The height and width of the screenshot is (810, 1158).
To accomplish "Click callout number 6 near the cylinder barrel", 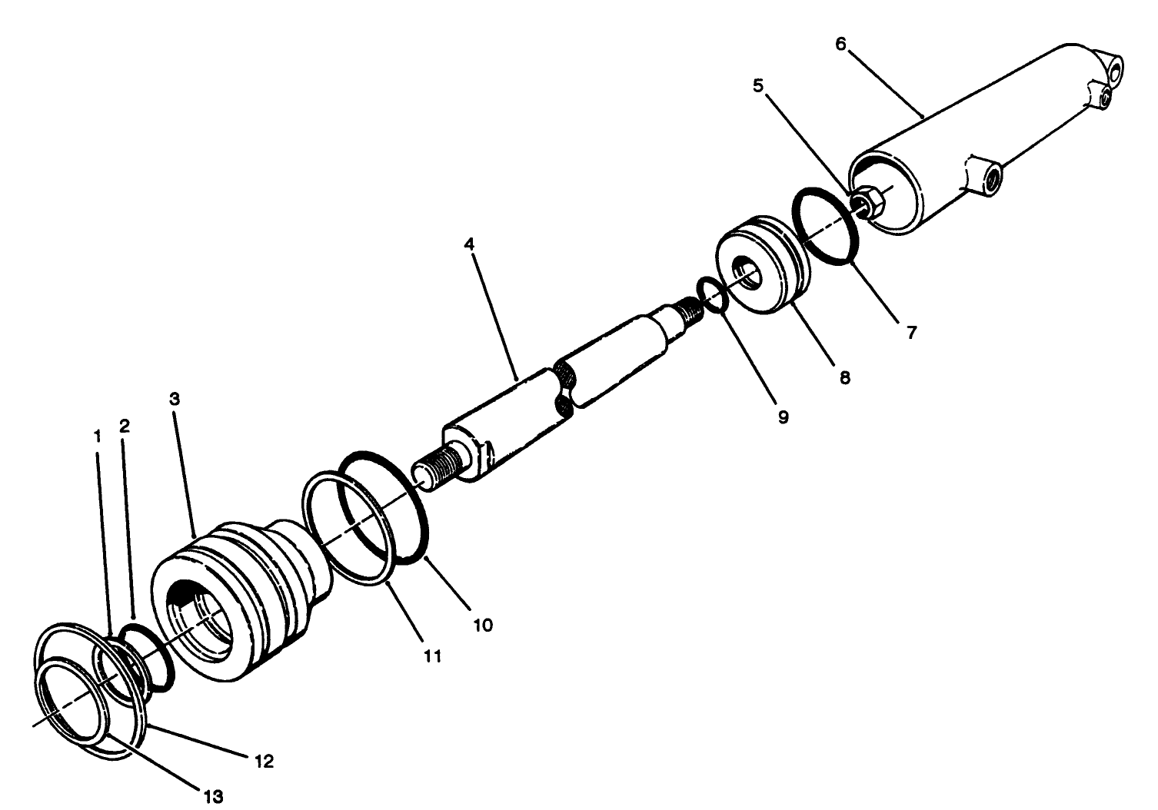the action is tap(840, 44).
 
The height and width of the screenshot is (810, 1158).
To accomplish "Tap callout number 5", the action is tap(758, 85).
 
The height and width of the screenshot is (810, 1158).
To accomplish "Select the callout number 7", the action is tap(911, 333).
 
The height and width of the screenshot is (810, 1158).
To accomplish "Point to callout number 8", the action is tap(845, 377).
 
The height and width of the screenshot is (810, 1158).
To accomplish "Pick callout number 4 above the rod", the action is tap(469, 244).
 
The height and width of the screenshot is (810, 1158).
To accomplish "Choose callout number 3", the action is tap(175, 399).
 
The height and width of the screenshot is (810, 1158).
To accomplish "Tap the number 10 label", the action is tap(482, 625).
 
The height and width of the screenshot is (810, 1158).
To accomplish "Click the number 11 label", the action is tap(433, 656).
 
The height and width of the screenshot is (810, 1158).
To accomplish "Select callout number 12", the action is tap(265, 762).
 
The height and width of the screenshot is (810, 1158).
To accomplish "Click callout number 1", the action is tap(98, 436).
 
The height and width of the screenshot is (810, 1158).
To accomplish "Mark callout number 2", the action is tap(125, 427).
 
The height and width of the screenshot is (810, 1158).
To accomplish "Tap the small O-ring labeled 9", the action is tap(711, 295).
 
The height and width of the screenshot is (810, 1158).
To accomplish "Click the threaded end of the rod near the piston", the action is tap(687, 310).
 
